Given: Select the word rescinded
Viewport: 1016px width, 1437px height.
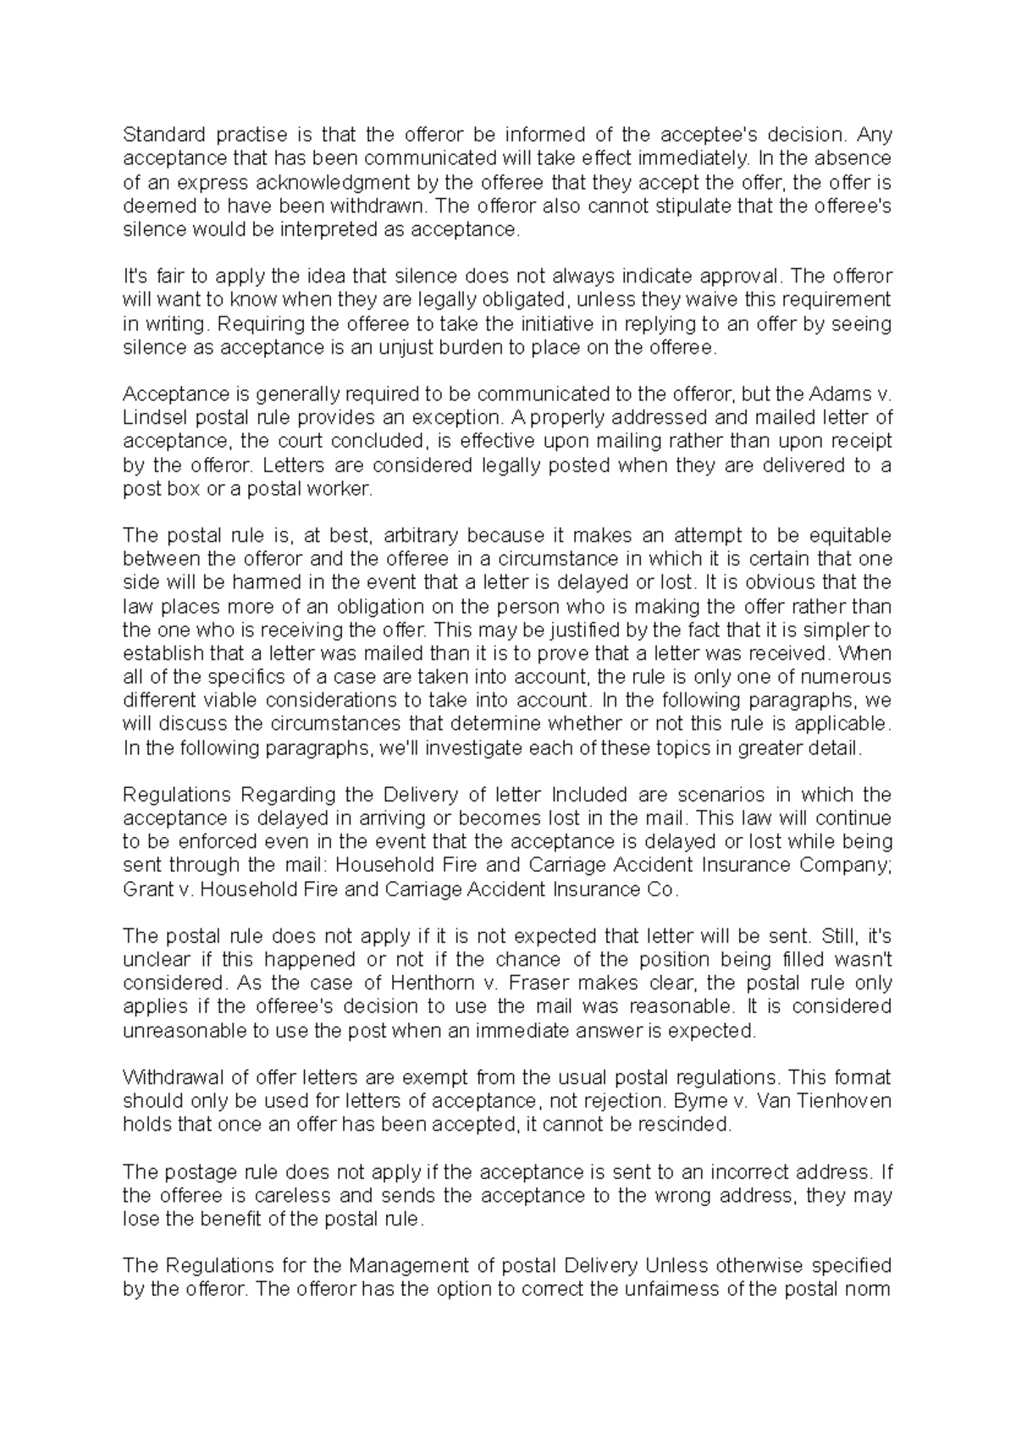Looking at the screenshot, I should point(687,1125).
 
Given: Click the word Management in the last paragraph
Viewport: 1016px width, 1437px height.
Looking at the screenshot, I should point(400,1266).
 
